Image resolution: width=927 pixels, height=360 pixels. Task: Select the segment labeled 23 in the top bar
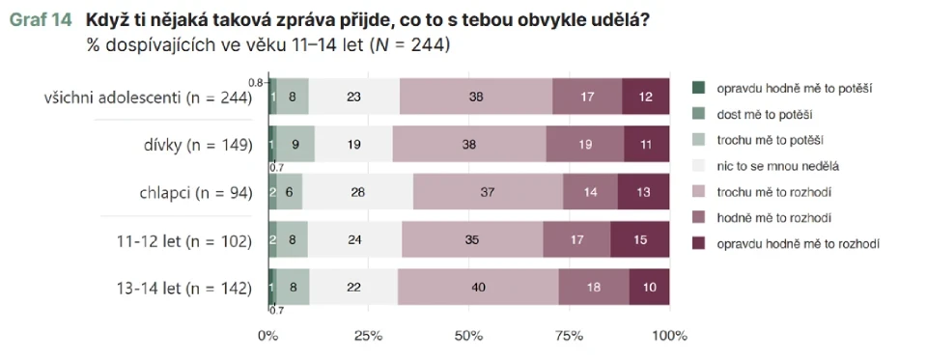coord(353,97)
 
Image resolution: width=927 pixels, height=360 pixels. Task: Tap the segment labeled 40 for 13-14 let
coord(477,287)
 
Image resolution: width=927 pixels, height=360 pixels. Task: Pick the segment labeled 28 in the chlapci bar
coord(357,192)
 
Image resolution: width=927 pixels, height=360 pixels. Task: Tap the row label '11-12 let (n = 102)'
coord(183,240)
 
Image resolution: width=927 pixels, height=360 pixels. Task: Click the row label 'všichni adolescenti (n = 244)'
coord(148,97)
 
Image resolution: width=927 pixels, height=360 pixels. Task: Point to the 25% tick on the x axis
coord(368,336)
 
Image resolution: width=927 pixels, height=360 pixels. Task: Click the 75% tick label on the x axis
coord(569,336)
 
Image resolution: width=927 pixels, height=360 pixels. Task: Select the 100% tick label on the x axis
coord(668,336)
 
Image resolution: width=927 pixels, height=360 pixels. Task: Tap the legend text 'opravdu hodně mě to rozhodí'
coord(798,244)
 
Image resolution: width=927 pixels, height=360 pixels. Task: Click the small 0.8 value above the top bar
coord(256,81)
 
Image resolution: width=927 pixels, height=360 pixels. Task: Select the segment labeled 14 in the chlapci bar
coord(590,192)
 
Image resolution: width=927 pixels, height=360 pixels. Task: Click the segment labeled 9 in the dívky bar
coord(295,145)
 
